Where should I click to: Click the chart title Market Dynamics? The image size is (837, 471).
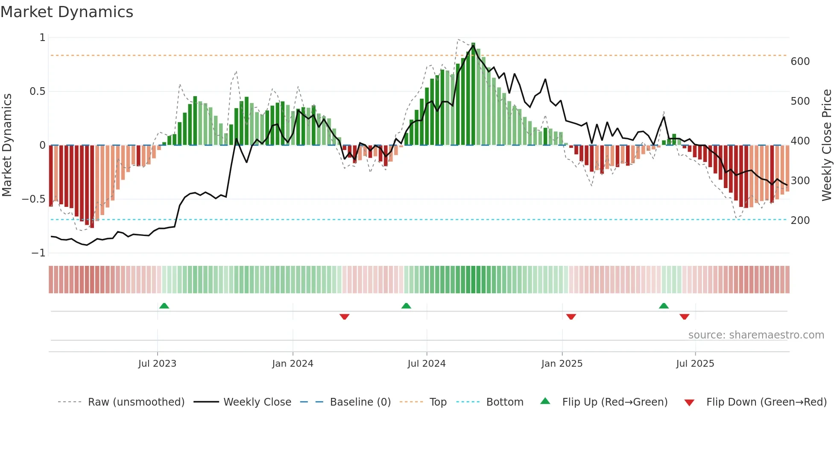point(67,12)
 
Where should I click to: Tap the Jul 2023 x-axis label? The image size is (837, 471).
point(157,364)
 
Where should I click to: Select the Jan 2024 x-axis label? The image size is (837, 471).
point(293,364)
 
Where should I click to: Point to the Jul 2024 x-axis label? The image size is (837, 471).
point(427,364)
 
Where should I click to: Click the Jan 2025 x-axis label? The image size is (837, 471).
point(562,364)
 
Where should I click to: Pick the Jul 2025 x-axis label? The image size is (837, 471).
point(695,364)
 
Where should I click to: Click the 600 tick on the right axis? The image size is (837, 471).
point(800,62)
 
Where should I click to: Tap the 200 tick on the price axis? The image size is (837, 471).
point(800,221)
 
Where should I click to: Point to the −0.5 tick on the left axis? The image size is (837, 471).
point(33,199)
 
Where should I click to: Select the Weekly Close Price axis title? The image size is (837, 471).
point(827,145)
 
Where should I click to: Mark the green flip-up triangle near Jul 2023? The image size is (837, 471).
point(164,306)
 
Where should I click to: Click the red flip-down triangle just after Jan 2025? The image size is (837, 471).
point(571,317)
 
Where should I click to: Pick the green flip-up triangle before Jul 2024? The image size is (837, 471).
point(406,306)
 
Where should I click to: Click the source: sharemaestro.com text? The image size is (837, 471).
point(756,335)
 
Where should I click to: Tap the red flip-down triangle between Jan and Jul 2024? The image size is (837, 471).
point(345,317)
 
